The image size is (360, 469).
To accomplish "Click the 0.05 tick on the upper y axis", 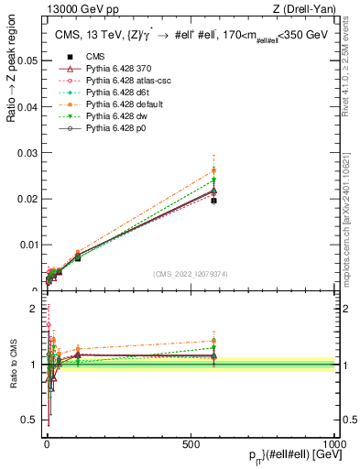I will coord(27,61).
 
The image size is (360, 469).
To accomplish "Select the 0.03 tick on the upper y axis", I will coord(27,153).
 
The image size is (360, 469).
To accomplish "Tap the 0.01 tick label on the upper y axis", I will coord(27,245).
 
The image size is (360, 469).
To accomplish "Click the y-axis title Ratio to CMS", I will coord(13,365).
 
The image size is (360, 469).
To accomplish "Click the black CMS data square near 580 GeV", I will coord(213,200).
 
